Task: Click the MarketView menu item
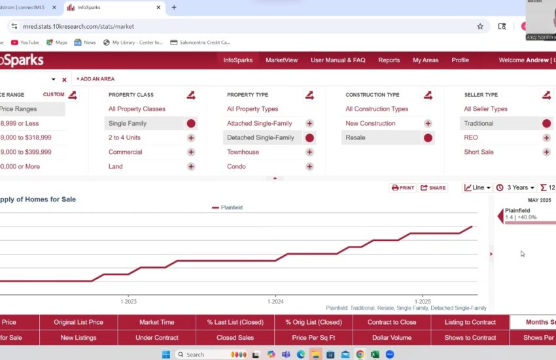pyautogui.click(x=281, y=60)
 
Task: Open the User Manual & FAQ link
pyautogui.click(x=338, y=60)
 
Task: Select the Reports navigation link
pyautogui.click(x=389, y=60)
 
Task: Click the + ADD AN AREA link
pyautogui.click(x=96, y=79)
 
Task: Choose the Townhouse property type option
pyautogui.click(x=243, y=152)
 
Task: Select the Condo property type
pyautogui.click(x=236, y=166)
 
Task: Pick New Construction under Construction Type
pyautogui.click(x=370, y=123)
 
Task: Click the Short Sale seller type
pyautogui.click(x=478, y=152)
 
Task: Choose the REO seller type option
pyautogui.click(x=471, y=137)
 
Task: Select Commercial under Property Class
pyautogui.click(x=125, y=152)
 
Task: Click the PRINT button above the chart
pyautogui.click(x=403, y=188)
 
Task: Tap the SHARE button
pyautogui.click(x=433, y=188)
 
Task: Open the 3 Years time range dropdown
pyautogui.click(x=515, y=188)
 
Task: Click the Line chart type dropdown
pyautogui.click(x=477, y=188)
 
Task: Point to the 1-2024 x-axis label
pyautogui.click(x=275, y=302)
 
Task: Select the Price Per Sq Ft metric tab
pyautogui.click(x=313, y=338)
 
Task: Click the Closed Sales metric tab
pyautogui.click(x=235, y=338)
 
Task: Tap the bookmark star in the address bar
pyautogui.click(x=480, y=26)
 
